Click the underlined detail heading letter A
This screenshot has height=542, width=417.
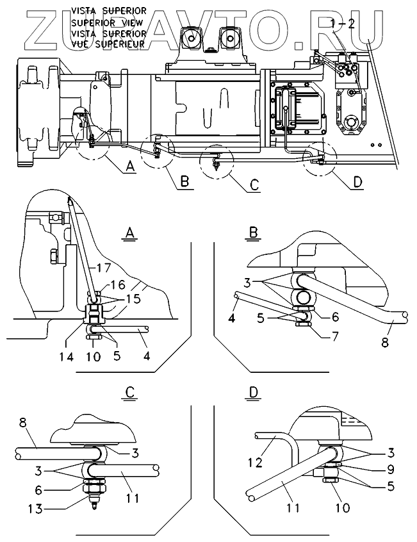[129, 233]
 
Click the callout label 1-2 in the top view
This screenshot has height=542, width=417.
[341, 24]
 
